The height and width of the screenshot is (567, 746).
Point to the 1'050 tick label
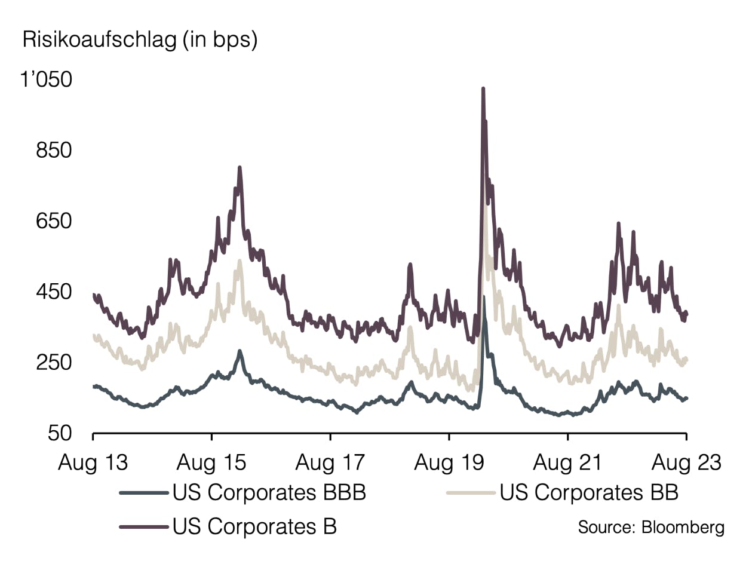pyautogui.click(x=47, y=79)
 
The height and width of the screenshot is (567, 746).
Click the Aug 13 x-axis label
pyautogui.click(x=93, y=462)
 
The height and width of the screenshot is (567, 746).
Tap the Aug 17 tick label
pyautogui.click(x=330, y=462)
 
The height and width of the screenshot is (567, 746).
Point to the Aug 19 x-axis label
pyautogui.click(x=449, y=462)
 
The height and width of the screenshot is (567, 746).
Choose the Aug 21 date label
pyautogui.click(x=567, y=462)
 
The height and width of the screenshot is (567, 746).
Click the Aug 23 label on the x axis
pyautogui.click(x=686, y=462)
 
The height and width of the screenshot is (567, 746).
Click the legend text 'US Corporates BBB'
pyautogui.click(x=269, y=493)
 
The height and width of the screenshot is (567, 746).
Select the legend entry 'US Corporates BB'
pyautogui.click(x=589, y=493)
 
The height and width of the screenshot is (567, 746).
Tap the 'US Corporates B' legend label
pyautogui.click(x=254, y=526)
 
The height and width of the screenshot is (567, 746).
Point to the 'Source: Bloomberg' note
pyautogui.click(x=651, y=528)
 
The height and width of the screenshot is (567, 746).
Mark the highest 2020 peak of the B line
pyautogui.click(x=483, y=89)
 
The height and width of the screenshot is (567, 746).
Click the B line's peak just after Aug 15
pyautogui.click(x=240, y=168)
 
